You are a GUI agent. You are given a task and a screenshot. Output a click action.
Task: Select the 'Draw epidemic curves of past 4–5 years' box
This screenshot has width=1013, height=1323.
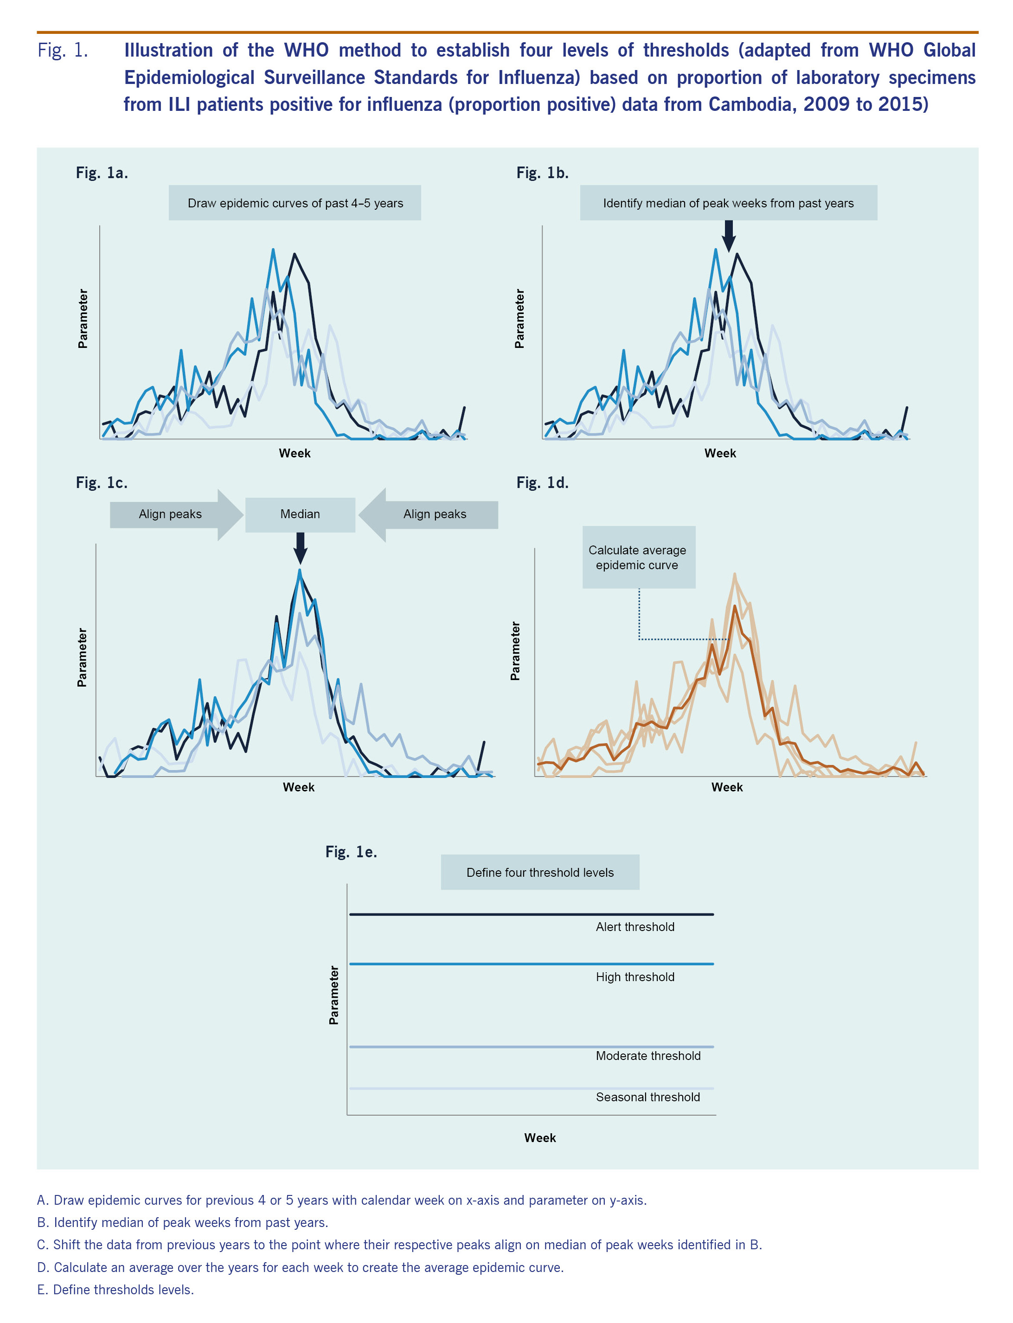(x=295, y=203)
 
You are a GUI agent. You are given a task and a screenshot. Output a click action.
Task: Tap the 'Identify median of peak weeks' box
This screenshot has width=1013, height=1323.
(x=728, y=203)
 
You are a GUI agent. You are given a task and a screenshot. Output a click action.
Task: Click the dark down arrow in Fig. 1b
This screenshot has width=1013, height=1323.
(x=728, y=236)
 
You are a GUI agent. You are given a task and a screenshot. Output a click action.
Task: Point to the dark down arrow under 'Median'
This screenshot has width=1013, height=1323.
(x=300, y=547)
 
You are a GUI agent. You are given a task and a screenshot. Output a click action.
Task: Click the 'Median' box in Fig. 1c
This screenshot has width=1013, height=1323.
(x=300, y=514)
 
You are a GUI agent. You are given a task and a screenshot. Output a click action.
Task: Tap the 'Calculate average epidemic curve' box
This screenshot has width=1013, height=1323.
(x=638, y=557)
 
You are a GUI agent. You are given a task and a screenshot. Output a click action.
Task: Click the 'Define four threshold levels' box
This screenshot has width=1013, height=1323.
(x=540, y=872)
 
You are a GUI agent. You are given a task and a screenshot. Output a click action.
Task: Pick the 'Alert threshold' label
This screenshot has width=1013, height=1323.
(x=635, y=927)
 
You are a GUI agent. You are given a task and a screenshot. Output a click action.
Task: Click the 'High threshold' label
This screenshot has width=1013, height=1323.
(x=635, y=977)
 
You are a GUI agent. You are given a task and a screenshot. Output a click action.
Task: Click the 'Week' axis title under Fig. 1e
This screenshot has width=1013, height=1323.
(x=540, y=1138)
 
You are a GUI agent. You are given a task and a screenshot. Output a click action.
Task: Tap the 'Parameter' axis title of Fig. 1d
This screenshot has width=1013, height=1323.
(x=515, y=651)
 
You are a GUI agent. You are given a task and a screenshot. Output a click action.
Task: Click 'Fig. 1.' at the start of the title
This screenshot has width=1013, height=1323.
(x=63, y=51)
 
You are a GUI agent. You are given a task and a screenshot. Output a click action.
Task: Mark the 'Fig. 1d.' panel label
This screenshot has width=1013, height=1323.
(x=542, y=483)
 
